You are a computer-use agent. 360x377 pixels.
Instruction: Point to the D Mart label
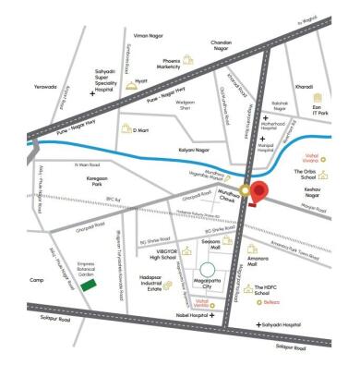[141, 131]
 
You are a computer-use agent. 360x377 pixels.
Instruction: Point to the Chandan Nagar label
[246, 43]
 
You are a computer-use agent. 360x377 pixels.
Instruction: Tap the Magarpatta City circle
[211, 274]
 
